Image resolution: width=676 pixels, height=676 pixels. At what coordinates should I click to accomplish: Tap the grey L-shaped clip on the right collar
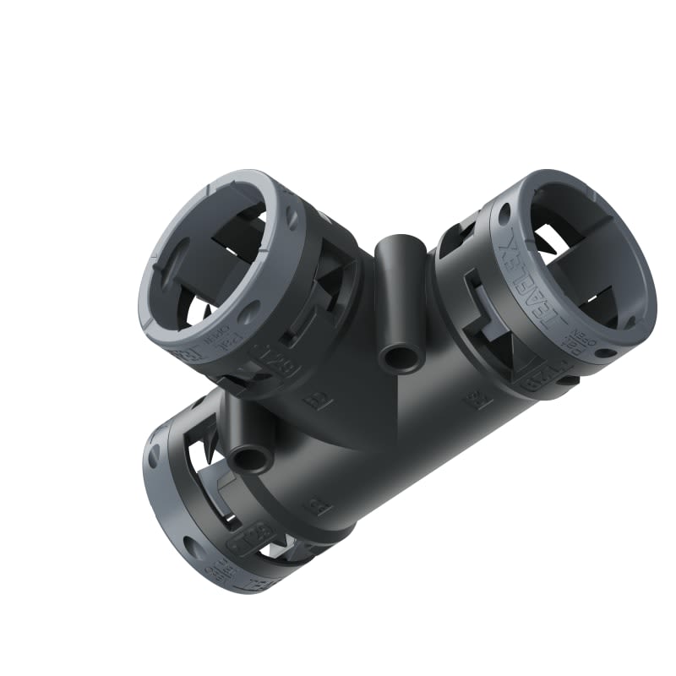tap(479, 300)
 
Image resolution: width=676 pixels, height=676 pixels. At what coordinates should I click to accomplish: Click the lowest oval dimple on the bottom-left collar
tap(194, 548)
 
